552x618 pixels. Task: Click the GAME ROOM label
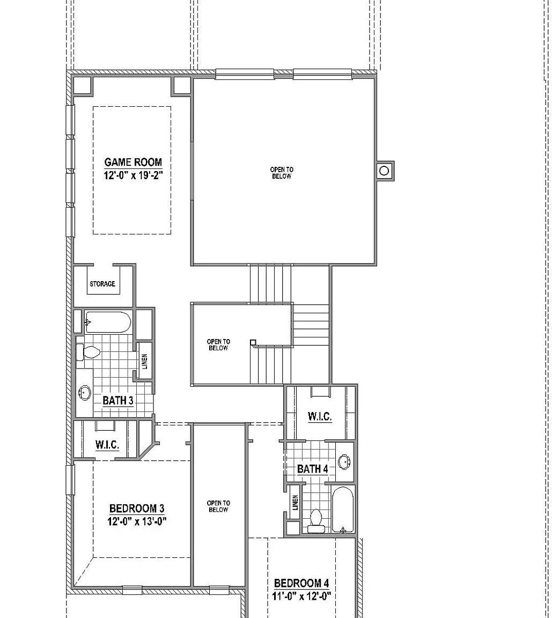click(133, 162)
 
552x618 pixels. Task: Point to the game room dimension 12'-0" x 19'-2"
click(133, 175)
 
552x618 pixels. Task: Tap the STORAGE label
click(102, 284)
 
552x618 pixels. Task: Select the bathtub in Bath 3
click(108, 322)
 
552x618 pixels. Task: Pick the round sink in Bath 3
click(85, 393)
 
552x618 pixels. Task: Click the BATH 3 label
click(118, 400)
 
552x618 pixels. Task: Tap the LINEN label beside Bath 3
click(145, 362)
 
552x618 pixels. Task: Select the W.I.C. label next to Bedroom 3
click(107, 445)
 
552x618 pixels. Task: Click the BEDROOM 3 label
click(137, 509)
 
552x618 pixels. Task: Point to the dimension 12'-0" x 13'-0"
click(137, 521)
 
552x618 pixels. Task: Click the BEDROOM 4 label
click(301, 583)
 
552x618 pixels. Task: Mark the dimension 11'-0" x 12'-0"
click(301, 596)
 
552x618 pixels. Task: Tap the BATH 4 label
click(312, 469)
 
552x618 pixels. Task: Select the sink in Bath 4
click(344, 461)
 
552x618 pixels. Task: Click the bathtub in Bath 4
click(343, 510)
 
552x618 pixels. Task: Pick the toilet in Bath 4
click(317, 521)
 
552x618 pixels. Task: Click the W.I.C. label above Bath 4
click(320, 417)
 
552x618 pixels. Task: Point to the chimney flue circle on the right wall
click(384, 171)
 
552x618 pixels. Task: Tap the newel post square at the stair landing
click(253, 342)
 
